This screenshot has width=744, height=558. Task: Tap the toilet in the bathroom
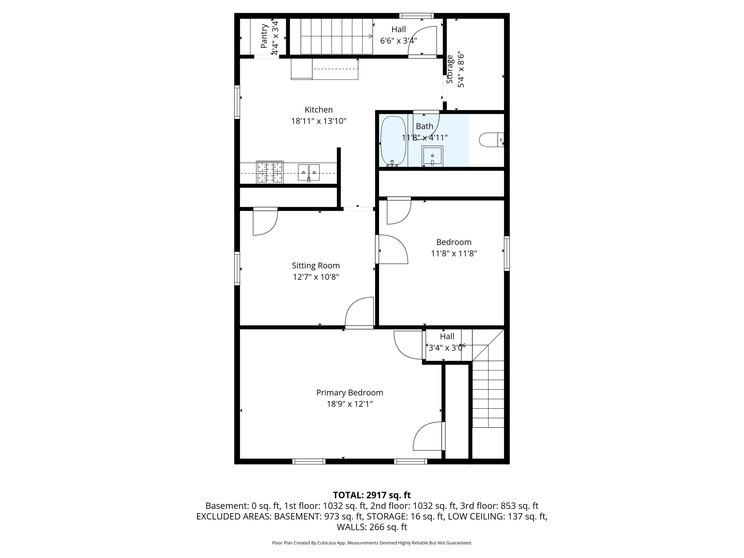(x=490, y=140)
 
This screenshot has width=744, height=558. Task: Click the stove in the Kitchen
(x=270, y=172)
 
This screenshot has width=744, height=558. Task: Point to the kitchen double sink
(x=309, y=173)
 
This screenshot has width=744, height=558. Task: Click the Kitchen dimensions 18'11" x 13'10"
(x=318, y=121)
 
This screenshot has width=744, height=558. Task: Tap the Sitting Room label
(x=315, y=266)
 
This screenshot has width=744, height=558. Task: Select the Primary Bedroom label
(x=349, y=393)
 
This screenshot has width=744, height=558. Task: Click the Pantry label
(x=264, y=36)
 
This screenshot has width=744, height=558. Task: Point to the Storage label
(x=450, y=70)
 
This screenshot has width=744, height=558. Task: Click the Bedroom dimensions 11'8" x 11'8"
(x=454, y=254)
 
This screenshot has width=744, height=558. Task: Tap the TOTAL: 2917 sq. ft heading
(x=372, y=495)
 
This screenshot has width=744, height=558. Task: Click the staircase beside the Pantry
(x=331, y=36)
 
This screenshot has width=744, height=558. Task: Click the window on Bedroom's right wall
(x=506, y=253)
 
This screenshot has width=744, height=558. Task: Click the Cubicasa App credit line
(x=372, y=543)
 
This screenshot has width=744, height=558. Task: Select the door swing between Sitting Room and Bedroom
(x=392, y=249)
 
